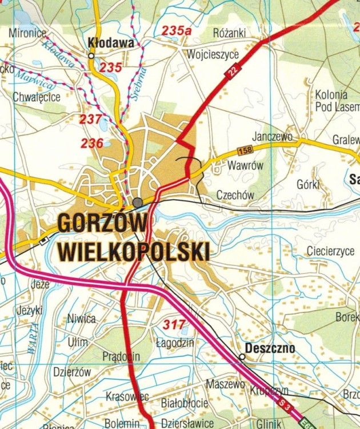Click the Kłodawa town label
point(111,43)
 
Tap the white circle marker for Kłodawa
point(91,55)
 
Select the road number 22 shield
point(233,71)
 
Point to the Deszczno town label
point(270,348)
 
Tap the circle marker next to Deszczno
point(242,356)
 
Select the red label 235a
point(176,31)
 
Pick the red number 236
point(92,144)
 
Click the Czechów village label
point(235,195)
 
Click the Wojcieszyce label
point(212,55)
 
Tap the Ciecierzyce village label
point(331,251)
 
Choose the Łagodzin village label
point(175,343)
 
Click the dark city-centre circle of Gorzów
point(138,202)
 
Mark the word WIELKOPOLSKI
point(134,251)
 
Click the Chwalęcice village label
point(37,97)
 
